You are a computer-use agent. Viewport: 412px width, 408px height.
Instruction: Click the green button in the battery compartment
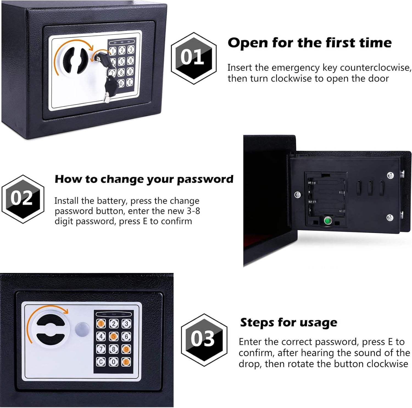click(327, 221)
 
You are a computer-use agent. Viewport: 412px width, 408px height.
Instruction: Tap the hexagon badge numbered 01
click(194, 58)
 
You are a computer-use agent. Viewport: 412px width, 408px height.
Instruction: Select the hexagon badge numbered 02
click(23, 199)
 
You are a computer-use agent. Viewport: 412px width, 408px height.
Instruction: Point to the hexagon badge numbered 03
click(204, 340)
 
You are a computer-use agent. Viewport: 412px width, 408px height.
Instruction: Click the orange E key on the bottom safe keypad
click(126, 362)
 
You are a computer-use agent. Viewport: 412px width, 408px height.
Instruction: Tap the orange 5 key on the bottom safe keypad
click(114, 336)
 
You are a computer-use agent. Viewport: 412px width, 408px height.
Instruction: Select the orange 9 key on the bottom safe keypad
click(126, 349)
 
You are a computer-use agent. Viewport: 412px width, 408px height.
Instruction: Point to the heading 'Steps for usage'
click(289, 322)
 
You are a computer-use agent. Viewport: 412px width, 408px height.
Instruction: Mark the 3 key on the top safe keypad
click(131, 50)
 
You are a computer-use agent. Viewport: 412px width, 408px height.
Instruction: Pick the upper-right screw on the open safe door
click(390, 175)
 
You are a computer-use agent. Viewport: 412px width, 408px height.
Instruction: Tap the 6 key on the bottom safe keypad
click(126, 336)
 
